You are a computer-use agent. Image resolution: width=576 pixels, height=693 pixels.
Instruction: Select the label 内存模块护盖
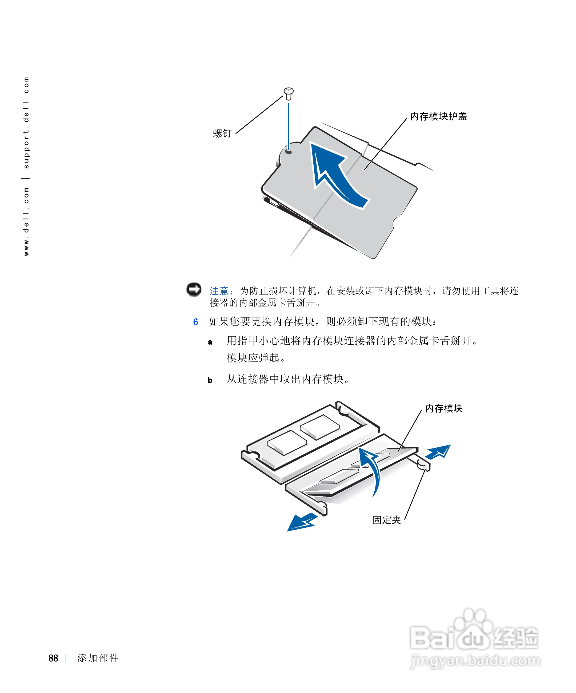click(438, 116)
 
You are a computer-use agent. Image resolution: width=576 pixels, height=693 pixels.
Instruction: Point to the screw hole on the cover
click(289, 152)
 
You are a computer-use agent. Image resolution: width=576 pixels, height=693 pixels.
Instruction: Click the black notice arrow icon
click(194, 289)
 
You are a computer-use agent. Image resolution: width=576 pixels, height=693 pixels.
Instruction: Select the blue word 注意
click(219, 291)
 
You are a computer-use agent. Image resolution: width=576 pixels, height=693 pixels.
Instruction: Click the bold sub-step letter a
click(210, 342)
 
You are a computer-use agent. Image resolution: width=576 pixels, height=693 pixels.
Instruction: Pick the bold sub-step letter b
click(210, 380)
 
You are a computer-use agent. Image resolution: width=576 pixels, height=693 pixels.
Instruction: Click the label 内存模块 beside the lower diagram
click(443, 408)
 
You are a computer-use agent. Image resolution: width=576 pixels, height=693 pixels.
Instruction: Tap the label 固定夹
click(386, 520)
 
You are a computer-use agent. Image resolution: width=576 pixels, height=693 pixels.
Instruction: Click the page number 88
click(53, 658)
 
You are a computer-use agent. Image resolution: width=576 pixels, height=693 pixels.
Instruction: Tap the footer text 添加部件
click(98, 658)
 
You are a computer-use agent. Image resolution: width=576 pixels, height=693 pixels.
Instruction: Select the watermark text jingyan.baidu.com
click(475, 661)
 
